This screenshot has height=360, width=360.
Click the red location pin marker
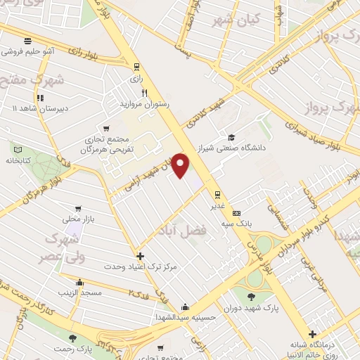click(x=181, y=166)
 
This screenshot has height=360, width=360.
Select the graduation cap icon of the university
click(x=231, y=137)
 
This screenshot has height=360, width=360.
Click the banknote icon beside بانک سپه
click(x=236, y=213)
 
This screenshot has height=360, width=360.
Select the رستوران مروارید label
click(x=145, y=103)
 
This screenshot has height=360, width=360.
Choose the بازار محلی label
click(x=77, y=220)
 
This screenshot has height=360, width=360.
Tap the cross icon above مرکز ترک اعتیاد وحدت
click(x=140, y=256)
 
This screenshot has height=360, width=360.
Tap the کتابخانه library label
click(x=20, y=160)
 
